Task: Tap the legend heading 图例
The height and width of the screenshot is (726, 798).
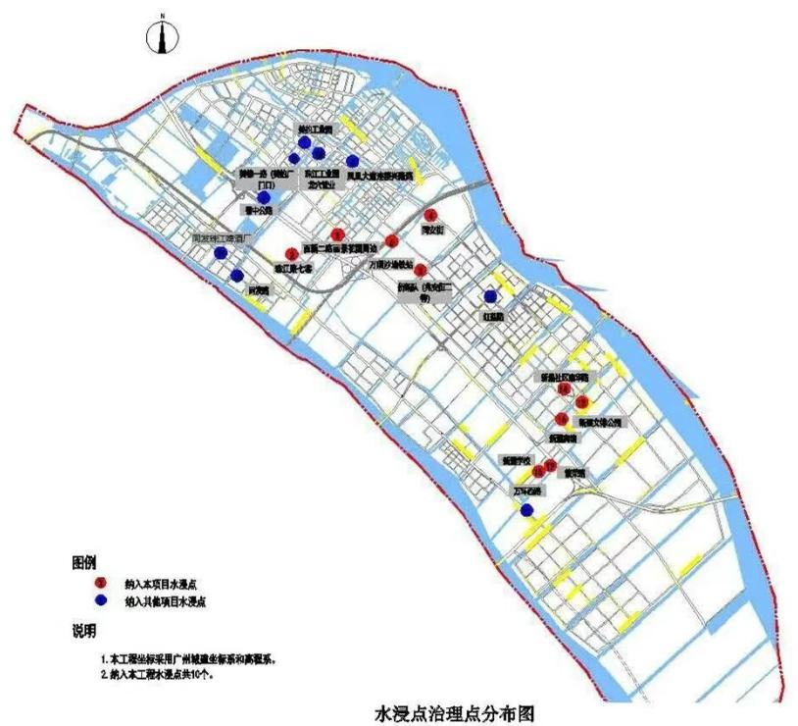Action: [84, 562]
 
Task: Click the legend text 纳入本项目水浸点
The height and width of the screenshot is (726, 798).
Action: [158, 584]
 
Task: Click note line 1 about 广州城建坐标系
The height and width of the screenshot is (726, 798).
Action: [187, 660]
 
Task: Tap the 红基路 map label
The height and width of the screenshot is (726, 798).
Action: [492, 318]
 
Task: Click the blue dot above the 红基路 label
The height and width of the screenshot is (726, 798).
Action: [490, 296]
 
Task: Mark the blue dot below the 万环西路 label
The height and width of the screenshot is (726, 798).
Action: [527, 509]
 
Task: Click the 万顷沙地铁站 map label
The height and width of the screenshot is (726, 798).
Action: [390, 264]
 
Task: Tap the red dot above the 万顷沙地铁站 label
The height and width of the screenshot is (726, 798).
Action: [392, 241]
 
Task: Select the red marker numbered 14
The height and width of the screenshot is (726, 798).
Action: [564, 389]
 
